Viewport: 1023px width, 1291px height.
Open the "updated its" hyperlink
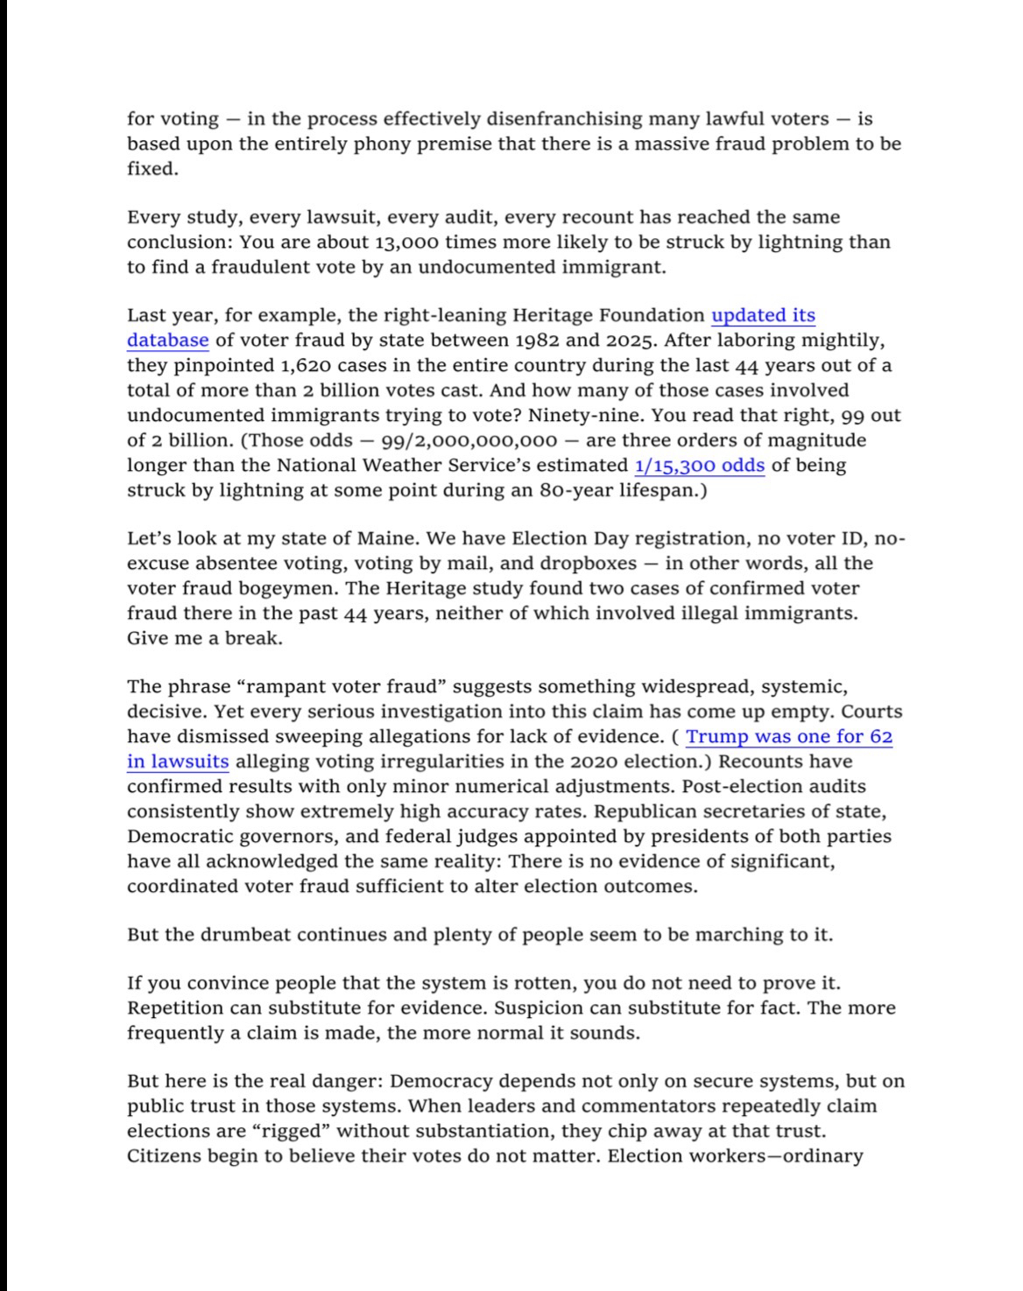pyautogui.click(x=763, y=316)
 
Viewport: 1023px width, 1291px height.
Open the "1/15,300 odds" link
pyautogui.click(x=699, y=466)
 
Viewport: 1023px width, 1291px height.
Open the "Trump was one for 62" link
pyautogui.click(x=789, y=737)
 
